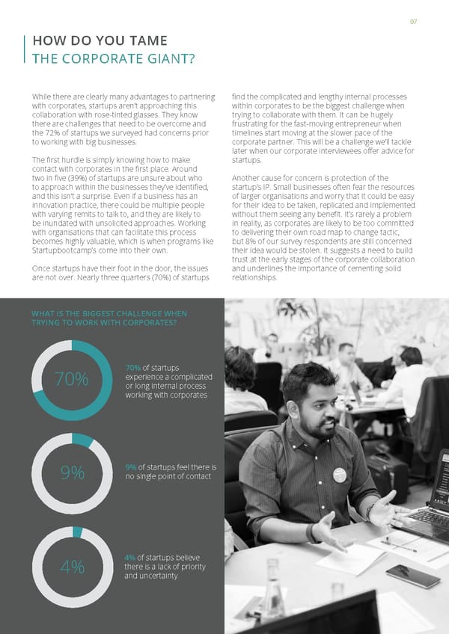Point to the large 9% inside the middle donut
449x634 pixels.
pos(73,473)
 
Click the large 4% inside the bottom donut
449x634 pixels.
pos(72,567)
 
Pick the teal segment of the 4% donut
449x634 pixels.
pos(77,531)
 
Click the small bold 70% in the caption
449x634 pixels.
pos(133,367)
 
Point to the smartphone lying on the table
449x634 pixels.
pos(412,576)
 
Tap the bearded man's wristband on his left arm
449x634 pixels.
pos(309,533)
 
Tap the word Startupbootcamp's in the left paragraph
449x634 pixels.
pos(64,251)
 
